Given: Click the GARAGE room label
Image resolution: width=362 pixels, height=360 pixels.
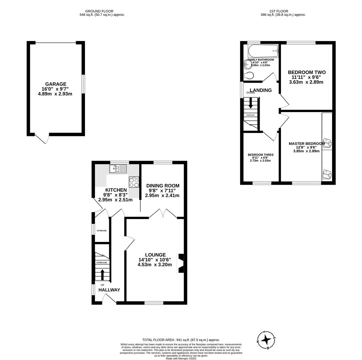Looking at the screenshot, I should pyautogui.click(x=56, y=84).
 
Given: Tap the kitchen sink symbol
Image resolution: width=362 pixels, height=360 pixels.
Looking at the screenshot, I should pyautogui.click(x=118, y=169).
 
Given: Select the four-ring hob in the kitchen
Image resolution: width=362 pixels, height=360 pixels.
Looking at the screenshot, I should pyautogui.click(x=134, y=182).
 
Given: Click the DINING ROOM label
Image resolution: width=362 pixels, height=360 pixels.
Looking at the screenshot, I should pyautogui.click(x=163, y=186).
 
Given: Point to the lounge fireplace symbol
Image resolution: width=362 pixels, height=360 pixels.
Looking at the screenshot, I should pyautogui.click(x=181, y=263).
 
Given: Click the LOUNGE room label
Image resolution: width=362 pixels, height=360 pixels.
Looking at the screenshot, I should pyautogui.click(x=155, y=255).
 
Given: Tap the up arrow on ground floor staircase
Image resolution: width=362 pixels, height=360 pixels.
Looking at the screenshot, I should pyautogui.click(x=102, y=275).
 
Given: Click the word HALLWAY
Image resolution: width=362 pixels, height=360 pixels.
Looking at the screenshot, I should pyautogui.click(x=109, y=290).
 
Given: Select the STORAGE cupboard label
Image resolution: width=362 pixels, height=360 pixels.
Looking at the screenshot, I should pyautogui.click(x=102, y=231).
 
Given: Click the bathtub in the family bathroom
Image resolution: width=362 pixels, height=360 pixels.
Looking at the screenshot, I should pyautogui.click(x=263, y=51).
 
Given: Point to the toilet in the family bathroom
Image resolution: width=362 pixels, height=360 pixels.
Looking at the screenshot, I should pyautogui.click(x=248, y=75).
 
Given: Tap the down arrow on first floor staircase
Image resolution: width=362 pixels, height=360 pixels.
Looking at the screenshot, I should pyautogui.click(x=251, y=104).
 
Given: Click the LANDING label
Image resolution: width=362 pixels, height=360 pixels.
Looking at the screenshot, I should pyautogui.click(x=261, y=90).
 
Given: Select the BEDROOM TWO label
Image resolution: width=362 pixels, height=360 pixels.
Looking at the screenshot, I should pyautogui.click(x=306, y=72).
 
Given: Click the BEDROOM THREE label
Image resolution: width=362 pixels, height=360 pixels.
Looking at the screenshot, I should pyautogui.click(x=260, y=155).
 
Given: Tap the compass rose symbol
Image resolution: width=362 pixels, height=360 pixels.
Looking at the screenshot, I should pyautogui.click(x=266, y=340).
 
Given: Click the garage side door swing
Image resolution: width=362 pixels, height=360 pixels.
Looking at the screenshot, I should pyautogui.click(x=43, y=139).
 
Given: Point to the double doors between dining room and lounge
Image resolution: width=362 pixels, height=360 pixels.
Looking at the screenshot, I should pyautogui.click(x=163, y=214).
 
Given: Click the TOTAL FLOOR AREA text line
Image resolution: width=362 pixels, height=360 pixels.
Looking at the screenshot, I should pyautogui.click(x=181, y=340).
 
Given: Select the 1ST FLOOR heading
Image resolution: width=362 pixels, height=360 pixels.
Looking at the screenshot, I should pyautogui.click(x=278, y=11).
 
